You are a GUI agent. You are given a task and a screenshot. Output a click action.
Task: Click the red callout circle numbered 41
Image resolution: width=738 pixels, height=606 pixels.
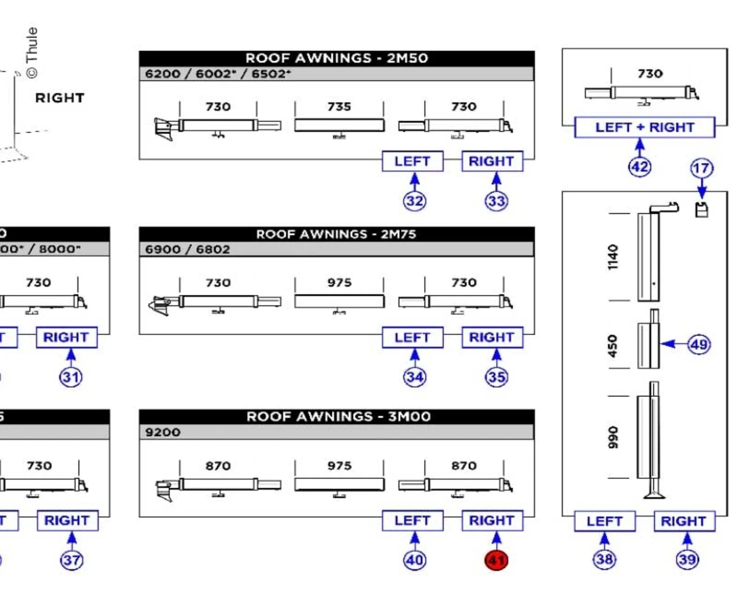pos(496,560)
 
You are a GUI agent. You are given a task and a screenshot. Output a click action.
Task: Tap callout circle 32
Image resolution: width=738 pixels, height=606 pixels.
pos(414,201)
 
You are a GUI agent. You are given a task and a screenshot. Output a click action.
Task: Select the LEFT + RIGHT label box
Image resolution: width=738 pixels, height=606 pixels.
pos(645,127)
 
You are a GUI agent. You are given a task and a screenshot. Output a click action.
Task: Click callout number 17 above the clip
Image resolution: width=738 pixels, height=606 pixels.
pos(701,168)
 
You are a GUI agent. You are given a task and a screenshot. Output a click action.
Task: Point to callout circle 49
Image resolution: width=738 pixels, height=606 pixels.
pos(699,344)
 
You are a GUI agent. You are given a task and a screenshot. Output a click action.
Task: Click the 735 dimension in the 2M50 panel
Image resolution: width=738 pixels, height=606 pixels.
pos(339,107)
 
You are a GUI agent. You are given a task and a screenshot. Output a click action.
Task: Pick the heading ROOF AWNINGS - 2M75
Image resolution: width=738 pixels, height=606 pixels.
pos(336,234)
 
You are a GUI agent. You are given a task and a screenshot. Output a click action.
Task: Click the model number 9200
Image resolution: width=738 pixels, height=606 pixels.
pos(163,432)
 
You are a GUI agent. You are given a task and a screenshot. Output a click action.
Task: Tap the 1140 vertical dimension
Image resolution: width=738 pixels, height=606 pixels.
pos(613,257)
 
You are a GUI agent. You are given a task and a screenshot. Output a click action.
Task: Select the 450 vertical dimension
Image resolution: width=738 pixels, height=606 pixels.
pos(613,346)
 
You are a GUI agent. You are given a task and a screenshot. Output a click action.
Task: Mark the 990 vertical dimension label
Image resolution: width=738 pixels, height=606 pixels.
pos(613,437)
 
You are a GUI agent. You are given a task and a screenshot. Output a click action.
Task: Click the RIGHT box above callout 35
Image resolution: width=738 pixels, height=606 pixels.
pos(492,337)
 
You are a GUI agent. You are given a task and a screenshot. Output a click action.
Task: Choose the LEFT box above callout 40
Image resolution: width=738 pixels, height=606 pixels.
pos(412,521)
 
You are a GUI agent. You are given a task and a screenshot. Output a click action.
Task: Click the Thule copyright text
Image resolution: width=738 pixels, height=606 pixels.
pos(32,53)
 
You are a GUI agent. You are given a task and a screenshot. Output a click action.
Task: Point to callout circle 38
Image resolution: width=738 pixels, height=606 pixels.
pos(604,560)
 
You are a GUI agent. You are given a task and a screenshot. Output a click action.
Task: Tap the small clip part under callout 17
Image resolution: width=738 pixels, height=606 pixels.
pos(702,210)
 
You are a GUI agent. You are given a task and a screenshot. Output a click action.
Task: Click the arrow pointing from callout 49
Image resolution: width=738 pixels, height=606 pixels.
pos(671,344)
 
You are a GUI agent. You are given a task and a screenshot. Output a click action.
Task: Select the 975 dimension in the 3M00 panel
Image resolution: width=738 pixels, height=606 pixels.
pos(339,466)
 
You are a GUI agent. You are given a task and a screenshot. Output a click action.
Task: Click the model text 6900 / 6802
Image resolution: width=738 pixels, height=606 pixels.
pos(187,249)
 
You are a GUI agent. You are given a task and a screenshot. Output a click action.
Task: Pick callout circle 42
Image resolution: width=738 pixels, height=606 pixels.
pos(640,167)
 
